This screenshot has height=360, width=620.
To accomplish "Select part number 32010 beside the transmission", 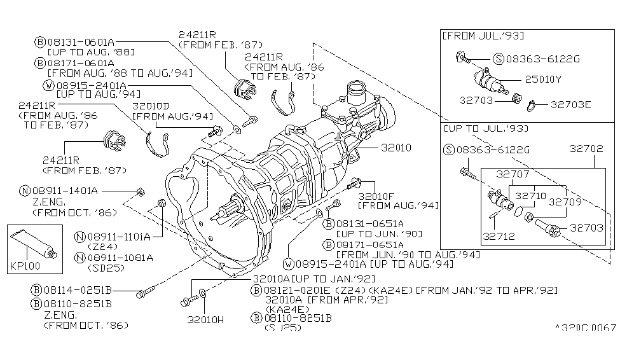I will click(396, 148).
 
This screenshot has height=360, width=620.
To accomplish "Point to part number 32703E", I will click(570, 105).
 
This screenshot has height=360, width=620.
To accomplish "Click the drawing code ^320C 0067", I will click(585, 328).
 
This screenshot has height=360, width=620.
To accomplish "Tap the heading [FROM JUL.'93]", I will click(483, 36).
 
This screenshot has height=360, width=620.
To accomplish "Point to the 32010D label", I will click(150, 106).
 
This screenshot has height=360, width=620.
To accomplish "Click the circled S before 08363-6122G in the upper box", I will click(499, 59).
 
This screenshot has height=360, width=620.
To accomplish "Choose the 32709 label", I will click(565, 202).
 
